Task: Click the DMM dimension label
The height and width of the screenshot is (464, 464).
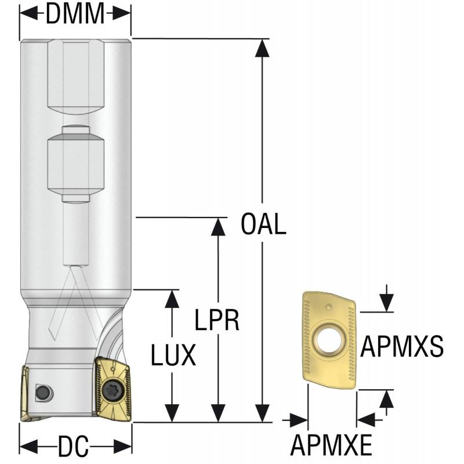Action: point(75,14)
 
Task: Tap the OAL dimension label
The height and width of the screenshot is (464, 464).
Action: point(264,224)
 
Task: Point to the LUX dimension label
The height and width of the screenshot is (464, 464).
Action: point(173,355)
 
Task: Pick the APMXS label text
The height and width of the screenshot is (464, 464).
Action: point(402,347)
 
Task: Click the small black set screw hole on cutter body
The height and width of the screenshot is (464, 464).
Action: point(42,392)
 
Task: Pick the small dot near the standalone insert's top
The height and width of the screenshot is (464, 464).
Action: point(328,306)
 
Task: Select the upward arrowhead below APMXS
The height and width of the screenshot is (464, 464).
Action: point(386,399)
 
